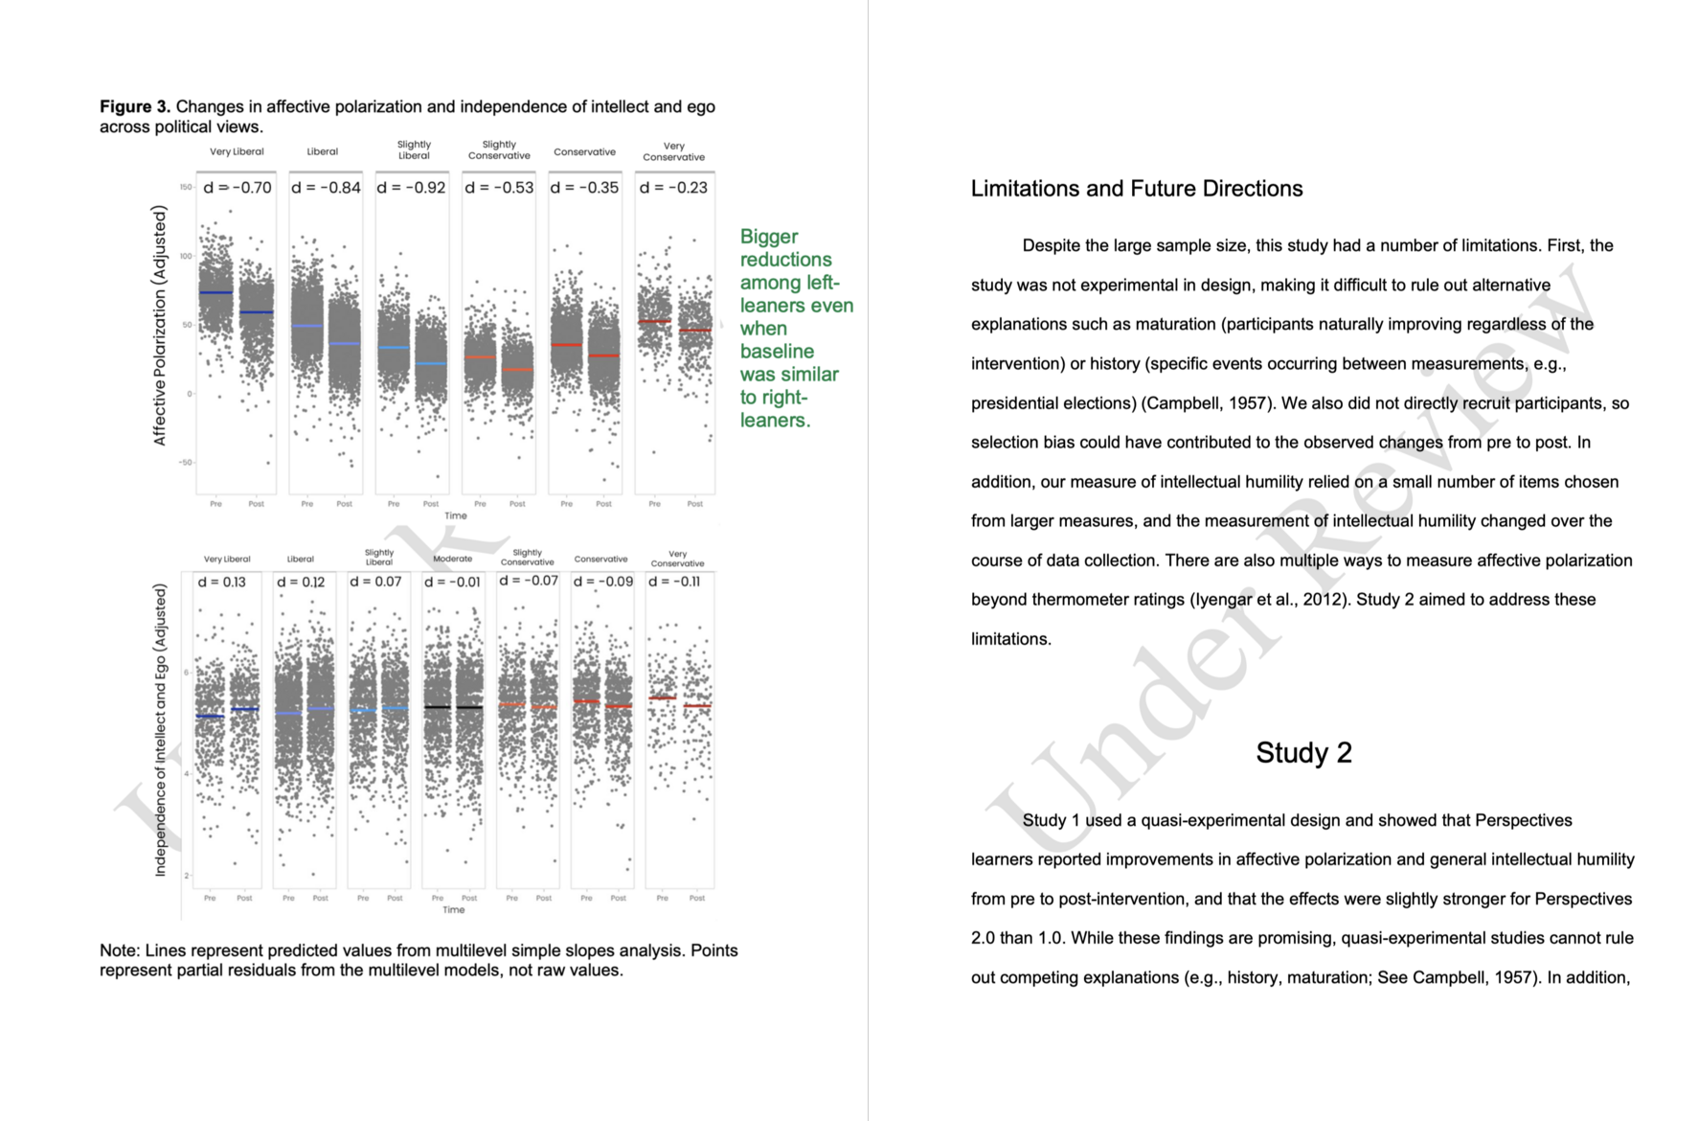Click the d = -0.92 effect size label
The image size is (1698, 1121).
pos(412,188)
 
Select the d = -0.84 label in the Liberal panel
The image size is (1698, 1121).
pos(326,188)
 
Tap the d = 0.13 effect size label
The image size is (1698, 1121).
pos(222,583)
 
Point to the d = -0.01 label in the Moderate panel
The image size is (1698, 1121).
pos(452,583)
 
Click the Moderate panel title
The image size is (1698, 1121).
pos(452,559)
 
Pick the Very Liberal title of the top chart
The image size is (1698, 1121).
pos(237,151)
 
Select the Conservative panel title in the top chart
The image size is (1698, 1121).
pos(584,151)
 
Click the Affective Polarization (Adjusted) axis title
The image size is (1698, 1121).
pos(160,326)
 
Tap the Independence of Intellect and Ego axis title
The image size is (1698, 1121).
pos(160,730)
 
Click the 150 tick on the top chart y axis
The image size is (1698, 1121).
pos(185,187)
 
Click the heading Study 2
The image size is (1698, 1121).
pos(1303,753)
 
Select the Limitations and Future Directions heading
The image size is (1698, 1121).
pos(1137,189)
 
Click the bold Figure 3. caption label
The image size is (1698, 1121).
pos(135,106)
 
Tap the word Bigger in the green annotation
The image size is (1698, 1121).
pos(769,237)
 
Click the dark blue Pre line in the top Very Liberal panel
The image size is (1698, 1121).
pos(216,293)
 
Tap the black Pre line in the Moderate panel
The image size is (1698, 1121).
pos(438,707)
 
